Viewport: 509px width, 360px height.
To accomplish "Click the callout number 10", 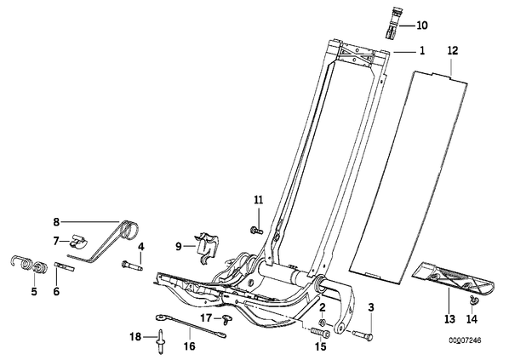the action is point(422,26).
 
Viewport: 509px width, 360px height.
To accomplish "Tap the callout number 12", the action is point(453,51).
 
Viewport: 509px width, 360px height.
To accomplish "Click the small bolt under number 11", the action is point(256,231).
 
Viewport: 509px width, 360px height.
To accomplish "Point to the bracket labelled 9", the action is point(207,248).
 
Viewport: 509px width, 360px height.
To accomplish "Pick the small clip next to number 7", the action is point(78,243).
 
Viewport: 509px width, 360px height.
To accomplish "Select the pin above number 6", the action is point(66,266).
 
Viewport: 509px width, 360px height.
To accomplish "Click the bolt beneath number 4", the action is point(133,266).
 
